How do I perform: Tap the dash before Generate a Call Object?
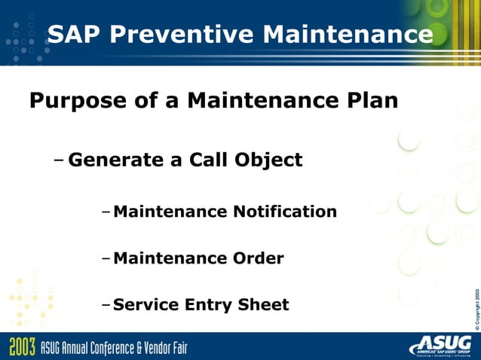pos(60,160)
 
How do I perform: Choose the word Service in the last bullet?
pos(146,304)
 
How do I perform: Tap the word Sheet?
pos(265,304)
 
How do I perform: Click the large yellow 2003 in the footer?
pos(23,347)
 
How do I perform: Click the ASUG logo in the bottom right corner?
pos(440,346)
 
